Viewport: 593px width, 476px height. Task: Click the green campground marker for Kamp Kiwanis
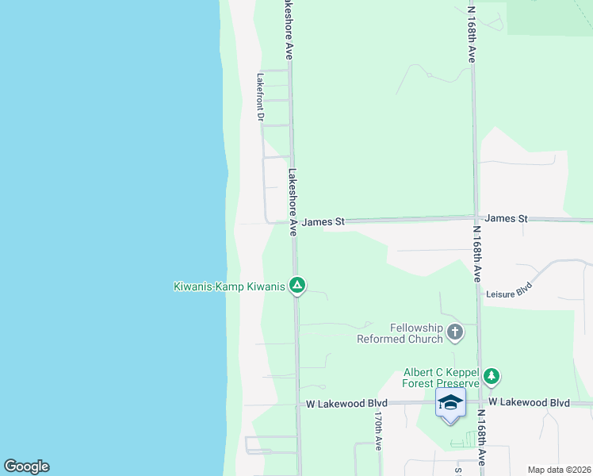(x=297, y=285)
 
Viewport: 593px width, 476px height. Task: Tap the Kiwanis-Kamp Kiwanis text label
(x=229, y=286)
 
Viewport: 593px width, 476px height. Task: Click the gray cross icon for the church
(x=455, y=332)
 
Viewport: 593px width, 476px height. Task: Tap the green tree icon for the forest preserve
(x=492, y=375)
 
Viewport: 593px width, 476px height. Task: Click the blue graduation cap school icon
(x=450, y=403)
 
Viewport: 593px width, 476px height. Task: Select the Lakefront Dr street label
(x=260, y=97)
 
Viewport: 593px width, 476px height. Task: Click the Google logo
(x=26, y=466)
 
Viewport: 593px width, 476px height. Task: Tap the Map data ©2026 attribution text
(x=559, y=470)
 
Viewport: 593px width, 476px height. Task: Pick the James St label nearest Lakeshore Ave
(x=323, y=222)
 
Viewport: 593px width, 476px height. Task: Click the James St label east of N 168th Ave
(x=506, y=217)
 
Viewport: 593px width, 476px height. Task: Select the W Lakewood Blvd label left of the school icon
(x=346, y=404)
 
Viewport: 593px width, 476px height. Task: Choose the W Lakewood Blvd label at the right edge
(x=529, y=403)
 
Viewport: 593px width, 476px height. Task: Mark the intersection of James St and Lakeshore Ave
(x=293, y=222)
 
